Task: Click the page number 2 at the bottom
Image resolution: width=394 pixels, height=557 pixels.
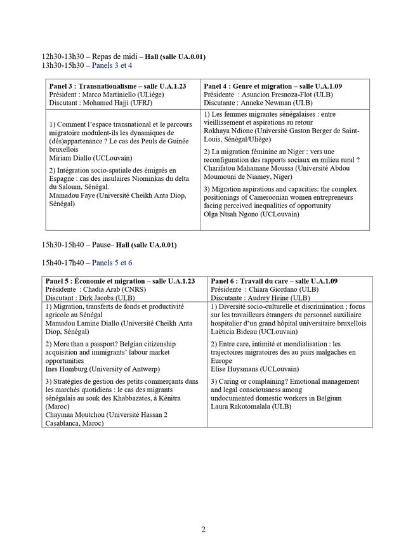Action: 203,529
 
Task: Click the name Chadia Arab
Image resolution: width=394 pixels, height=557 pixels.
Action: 100,289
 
